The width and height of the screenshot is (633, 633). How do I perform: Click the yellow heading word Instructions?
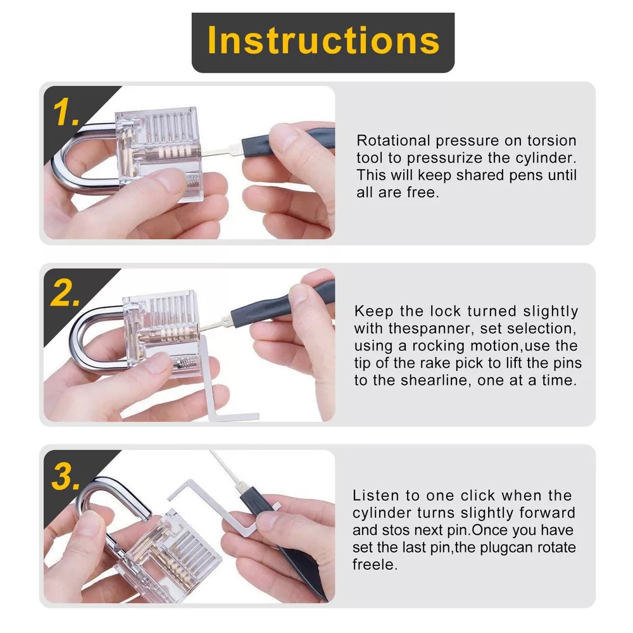pos(323,40)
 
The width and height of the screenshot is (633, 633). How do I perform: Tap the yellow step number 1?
pos(66,112)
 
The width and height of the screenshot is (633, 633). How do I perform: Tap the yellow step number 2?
pos(65,293)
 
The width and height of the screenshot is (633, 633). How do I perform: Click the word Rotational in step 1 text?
pos(393,141)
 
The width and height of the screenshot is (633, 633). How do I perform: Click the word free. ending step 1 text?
pos(423,192)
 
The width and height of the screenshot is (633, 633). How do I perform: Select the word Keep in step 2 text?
pos(373,311)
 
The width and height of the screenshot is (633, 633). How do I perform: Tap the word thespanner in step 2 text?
pos(430,329)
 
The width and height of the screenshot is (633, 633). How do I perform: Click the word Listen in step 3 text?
pos(376,496)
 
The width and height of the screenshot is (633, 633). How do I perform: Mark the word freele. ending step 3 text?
pos(375,565)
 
